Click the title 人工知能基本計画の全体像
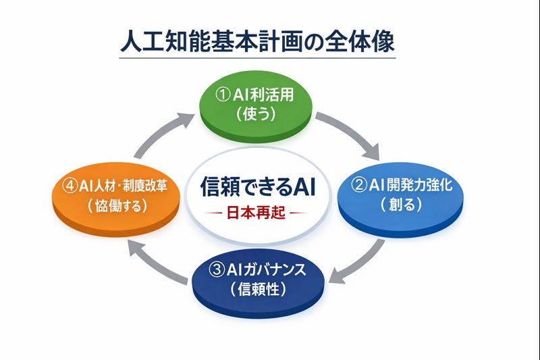pyautogui.click(x=257, y=42)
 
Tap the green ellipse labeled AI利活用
pyautogui.click(x=256, y=107)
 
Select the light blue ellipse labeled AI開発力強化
pyautogui.click(x=400, y=199)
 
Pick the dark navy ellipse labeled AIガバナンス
pyautogui.click(x=258, y=283)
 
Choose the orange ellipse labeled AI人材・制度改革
pyautogui.click(x=116, y=199)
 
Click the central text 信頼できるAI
pyautogui.click(x=258, y=186)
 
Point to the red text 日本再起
pyautogui.click(x=256, y=213)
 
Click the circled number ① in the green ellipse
pyautogui.click(x=223, y=95)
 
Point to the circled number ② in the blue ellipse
pyautogui.click(x=358, y=185)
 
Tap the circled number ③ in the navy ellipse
pyautogui.click(x=217, y=269)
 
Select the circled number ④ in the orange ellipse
pyautogui.click(x=70, y=186)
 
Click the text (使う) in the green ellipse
pyautogui.click(x=256, y=114)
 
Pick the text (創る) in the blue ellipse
pyautogui.click(x=401, y=204)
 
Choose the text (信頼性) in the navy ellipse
pyautogui.click(x=259, y=288)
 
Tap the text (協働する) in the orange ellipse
pyautogui.click(x=117, y=205)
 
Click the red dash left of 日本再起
pyautogui.click(x=213, y=213)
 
